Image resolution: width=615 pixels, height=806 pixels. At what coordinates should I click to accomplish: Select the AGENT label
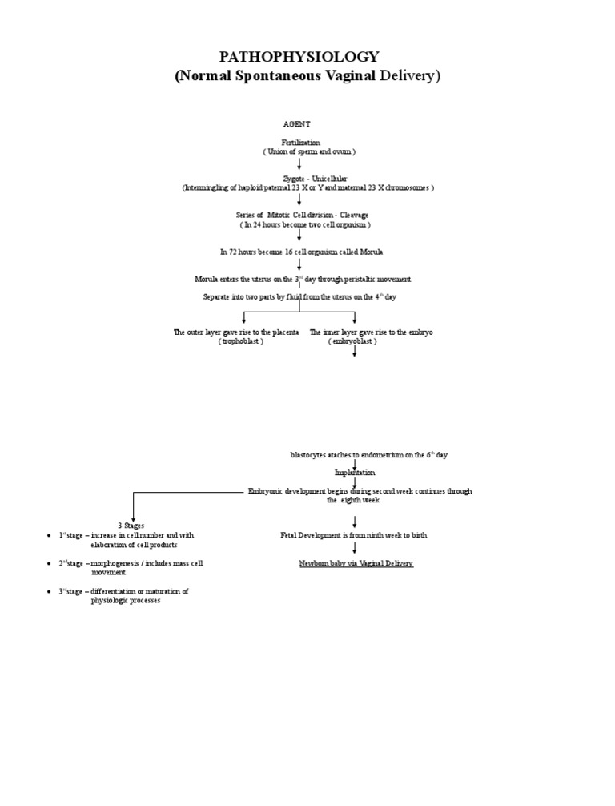pyautogui.click(x=296, y=124)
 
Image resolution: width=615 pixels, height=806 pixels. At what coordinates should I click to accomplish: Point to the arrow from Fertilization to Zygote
pyautogui.click(x=299, y=164)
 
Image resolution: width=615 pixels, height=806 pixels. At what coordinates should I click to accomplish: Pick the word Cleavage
pyautogui.click(x=352, y=216)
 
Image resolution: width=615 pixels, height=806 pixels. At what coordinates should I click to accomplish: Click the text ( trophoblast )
pyautogui.click(x=240, y=341)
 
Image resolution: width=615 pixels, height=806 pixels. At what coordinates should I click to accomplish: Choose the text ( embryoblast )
pyautogui.click(x=352, y=341)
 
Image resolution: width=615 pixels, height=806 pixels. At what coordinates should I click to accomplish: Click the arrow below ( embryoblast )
pyautogui.click(x=354, y=350)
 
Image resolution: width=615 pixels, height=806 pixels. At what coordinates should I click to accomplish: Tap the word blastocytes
pyautogui.click(x=308, y=455)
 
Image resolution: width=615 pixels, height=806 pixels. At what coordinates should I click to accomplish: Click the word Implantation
pyautogui.click(x=354, y=473)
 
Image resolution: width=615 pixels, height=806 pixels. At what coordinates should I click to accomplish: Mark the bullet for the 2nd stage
pyautogui.click(x=50, y=564)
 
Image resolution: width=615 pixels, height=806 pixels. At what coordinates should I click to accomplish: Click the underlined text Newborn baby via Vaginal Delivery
pyautogui.click(x=356, y=564)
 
